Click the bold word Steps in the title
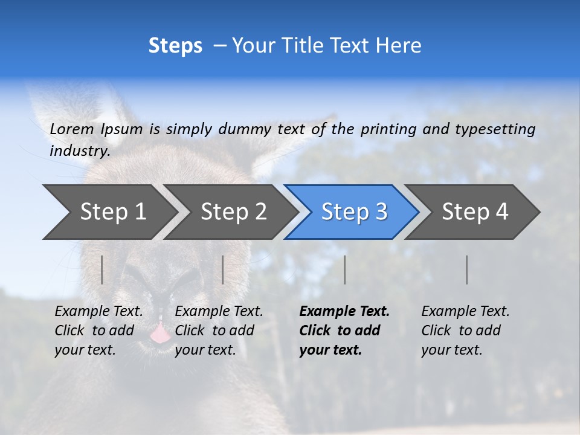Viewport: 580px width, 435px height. (x=175, y=46)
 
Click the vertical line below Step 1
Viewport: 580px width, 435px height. (x=102, y=269)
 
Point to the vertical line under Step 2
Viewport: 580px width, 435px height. (x=223, y=269)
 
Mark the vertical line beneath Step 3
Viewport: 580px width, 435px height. (x=345, y=269)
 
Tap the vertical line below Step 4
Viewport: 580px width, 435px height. (x=467, y=269)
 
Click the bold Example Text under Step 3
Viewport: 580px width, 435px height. (x=344, y=312)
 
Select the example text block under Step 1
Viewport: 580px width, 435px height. (x=98, y=330)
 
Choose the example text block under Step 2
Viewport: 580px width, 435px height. (x=219, y=330)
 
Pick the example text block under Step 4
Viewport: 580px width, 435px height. (x=465, y=330)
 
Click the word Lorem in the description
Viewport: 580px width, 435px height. (x=72, y=129)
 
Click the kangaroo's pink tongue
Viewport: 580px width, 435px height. (x=159, y=333)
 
